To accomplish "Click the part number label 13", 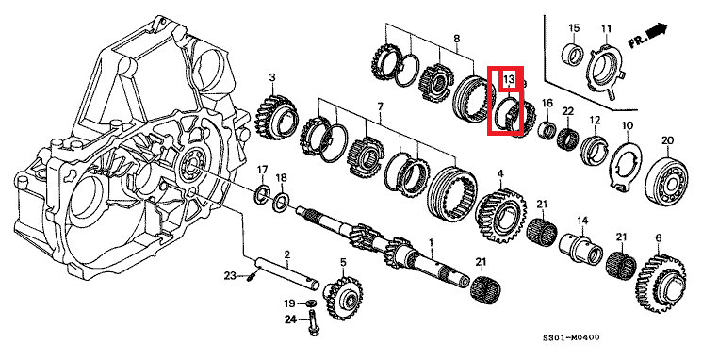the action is click(x=510, y=80).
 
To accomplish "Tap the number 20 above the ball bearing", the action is click(x=667, y=140).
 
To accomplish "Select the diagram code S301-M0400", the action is click(x=571, y=337).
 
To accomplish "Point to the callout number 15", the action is click(x=574, y=28).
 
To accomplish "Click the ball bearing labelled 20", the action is click(x=666, y=179).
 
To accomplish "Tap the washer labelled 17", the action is click(x=261, y=193).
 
